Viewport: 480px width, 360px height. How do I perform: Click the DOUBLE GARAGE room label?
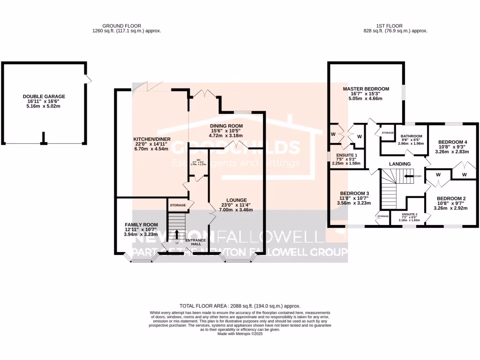point(44,97)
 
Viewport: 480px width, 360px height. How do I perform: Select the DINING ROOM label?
point(226,126)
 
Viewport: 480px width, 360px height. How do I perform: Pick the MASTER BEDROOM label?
point(366,89)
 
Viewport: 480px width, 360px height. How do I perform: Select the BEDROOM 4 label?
point(452,142)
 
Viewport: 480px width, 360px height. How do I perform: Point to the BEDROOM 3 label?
point(355,194)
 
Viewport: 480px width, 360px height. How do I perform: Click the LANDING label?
point(399,164)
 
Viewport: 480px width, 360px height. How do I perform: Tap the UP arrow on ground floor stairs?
point(177,234)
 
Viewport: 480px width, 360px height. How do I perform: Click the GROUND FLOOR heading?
point(127,26)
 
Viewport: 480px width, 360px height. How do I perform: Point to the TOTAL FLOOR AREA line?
point(240,306)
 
